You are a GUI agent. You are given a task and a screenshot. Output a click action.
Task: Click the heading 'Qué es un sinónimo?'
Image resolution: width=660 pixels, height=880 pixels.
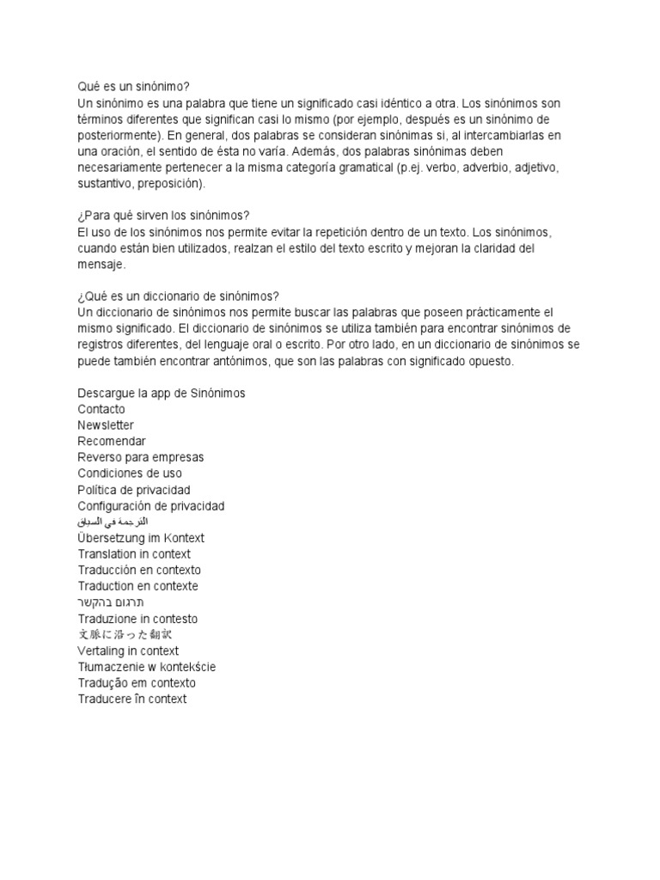[x=133, y=87]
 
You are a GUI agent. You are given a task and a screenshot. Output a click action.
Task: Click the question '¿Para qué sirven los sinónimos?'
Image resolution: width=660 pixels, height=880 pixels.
[x=162, y=216]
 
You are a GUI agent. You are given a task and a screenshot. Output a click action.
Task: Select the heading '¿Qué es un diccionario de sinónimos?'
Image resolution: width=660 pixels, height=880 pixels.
[x=178, y=296]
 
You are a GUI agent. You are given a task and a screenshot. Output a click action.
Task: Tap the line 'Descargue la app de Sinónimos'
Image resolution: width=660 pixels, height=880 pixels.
[x=161, y=393]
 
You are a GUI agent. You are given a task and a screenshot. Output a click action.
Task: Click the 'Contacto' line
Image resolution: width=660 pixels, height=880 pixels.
[x=101, y=409]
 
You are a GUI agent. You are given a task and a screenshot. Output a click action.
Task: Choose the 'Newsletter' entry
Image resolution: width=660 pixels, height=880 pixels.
[x=106, y=425]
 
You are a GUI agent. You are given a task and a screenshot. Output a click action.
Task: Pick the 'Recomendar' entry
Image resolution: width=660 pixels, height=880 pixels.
[x=112, y=441]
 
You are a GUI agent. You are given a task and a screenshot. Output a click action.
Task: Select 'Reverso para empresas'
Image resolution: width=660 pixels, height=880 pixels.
[x=140, y=457]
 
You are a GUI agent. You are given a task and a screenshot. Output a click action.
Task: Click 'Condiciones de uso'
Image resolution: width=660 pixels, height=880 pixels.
[x=129, y=474]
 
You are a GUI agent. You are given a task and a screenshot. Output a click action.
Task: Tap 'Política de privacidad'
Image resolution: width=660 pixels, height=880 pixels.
[x=133, y=490]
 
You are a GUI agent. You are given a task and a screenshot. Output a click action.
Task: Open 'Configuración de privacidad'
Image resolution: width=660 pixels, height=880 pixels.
[x=150, y=506]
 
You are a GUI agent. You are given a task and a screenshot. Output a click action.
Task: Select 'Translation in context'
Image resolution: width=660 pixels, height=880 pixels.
[x=134, y=554]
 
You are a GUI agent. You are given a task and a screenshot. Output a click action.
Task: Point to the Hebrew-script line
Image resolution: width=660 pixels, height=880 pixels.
[x=111, y=602]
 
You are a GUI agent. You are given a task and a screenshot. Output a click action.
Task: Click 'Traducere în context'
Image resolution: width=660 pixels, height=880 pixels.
[x=131, y=700]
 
